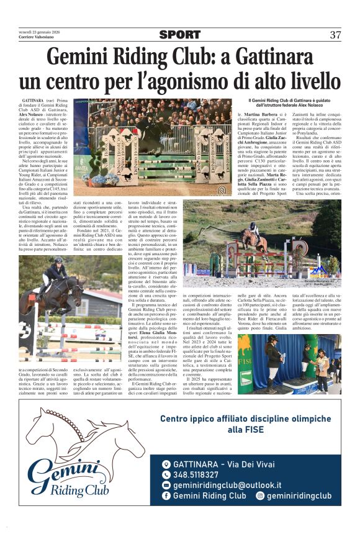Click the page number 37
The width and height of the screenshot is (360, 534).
point(335,35)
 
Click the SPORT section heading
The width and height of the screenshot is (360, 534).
point(179,35)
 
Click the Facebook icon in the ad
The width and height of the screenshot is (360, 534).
point(166,496)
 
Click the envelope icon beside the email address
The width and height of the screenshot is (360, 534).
point(166,486)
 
